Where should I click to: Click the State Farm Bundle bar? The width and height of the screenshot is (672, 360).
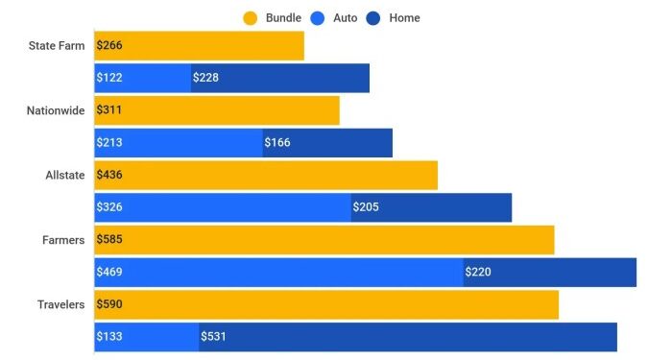(x=199, y=46)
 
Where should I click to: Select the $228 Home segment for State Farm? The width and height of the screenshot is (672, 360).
(x=280, y=79)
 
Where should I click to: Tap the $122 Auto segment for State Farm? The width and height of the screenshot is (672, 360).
(x=142, y=79)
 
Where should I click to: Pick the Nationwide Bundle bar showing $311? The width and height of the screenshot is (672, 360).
(x=217, y=110)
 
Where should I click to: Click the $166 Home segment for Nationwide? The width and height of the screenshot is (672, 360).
(x=327, y=143)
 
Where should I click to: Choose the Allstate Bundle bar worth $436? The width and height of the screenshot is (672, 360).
(x=266, y=176)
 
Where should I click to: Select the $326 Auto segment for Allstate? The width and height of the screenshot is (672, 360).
(x=222, y=207)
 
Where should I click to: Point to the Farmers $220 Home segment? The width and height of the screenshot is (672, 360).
(x=550, y=272)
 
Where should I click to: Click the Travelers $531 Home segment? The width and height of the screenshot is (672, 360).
(x=408, y=337)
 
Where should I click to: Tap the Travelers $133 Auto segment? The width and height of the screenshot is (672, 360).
(x=146, y=337)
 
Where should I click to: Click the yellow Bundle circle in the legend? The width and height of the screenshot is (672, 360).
(x=251, y=17)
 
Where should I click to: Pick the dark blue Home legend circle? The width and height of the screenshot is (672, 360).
(x=374, y=17)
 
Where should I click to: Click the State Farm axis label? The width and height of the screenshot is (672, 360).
(x=57, y=46)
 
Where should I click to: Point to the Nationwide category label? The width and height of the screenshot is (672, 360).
(x=56, y=110)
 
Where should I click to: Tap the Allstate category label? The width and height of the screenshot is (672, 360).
(x=64, y=176)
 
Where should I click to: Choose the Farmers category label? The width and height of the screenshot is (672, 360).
(x=64, y=240)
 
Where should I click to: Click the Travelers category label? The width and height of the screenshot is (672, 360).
(x=60, y=304)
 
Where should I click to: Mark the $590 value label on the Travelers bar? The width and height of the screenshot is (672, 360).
(x=109, y=304)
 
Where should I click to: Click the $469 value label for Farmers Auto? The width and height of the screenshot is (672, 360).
(x=109, y=272)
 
